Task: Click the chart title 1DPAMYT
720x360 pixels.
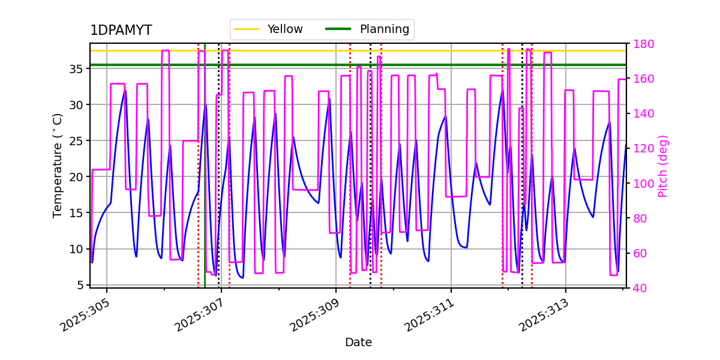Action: click(x=121, y=31)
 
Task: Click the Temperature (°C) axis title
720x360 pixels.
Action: click(x=58, y=165)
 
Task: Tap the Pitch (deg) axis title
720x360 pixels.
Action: click(x=663, y=166)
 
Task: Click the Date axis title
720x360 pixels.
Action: click(x=358, y=343)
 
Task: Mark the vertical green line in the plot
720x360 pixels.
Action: click(x=205, y=180)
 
